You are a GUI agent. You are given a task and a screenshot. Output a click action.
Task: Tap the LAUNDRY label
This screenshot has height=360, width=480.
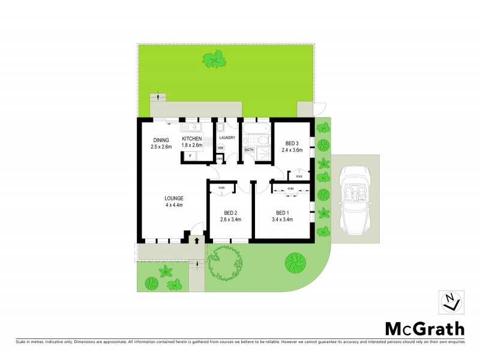pyautogui.click(x=227, y=138)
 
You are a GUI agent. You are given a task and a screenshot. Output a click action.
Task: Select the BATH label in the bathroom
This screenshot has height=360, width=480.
pyautogui.click(x=248, y=149)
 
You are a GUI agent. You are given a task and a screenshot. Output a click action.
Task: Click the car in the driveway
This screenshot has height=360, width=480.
pyautogui.click(x=356, y=200)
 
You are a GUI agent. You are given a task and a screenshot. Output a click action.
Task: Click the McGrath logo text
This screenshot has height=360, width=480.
pyautogui.click(x=424, y=328)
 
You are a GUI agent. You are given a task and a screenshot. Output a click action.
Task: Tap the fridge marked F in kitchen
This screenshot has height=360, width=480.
pyautogui.click(x=190, y=156)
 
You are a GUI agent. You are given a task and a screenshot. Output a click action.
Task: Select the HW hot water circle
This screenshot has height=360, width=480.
pyautogui.click(x=221, y=148)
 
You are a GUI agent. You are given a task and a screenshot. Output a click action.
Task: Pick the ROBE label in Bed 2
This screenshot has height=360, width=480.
pyautogui.click(x=221, y=188)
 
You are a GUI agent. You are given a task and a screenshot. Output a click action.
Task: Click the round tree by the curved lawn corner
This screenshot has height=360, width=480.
pyautogui.click(x=293, y=262)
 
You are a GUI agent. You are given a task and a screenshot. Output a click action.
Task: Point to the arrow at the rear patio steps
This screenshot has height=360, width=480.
pyautogui.click(x=158, y=97)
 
